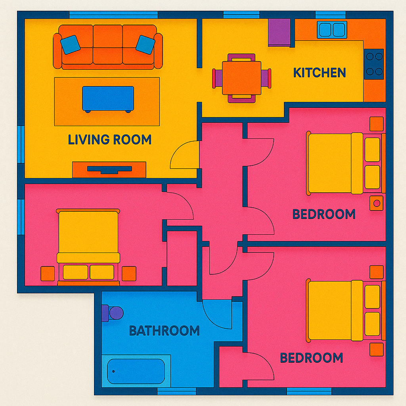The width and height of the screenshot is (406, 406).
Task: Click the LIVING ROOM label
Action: pos(109,140)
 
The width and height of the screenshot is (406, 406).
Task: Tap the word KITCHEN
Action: pos(319,73)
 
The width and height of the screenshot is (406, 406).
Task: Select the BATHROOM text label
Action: pos(164,330)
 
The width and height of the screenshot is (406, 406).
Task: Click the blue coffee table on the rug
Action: pos(108,98)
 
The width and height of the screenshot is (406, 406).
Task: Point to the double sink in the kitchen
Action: pos(331,30)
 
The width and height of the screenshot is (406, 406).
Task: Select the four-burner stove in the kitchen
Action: pos(374,64)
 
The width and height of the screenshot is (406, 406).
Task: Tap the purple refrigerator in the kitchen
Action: pos(280,32)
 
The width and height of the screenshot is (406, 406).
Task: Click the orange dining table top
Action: pos(241,78)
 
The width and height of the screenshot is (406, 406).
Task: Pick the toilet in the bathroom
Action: pos(113,313)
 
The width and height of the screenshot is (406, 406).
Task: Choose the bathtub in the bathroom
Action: pos(136,371)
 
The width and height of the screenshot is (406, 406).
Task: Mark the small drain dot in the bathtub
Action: pos(113,372)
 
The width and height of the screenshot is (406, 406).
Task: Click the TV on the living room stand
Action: pos(109,169)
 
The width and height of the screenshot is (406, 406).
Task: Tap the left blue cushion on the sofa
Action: pos(70,44)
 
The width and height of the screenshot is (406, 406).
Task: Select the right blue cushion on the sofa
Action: pos(145,44)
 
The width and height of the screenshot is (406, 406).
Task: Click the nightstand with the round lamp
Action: pos(377,203)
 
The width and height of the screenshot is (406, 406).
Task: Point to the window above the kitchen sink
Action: pos(331,15)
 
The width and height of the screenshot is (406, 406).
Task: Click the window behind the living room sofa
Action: pos(113,15)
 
